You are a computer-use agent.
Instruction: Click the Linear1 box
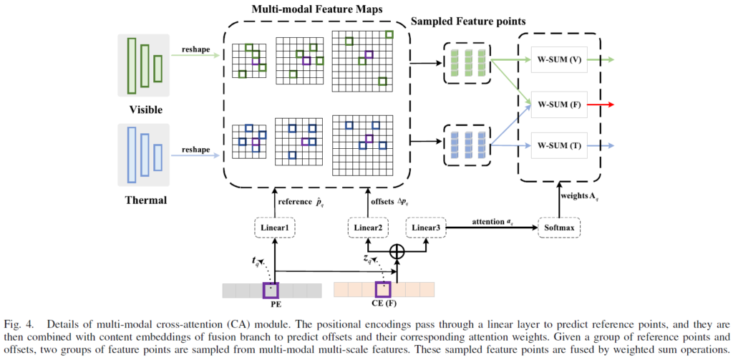(x=275, y=228)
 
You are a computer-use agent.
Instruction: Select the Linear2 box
(x=369, y=228)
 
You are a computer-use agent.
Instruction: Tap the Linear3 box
(x=427, y=228)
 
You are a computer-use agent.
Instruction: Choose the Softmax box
(x=560, y=228)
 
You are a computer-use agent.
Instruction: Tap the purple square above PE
(x=271, y=290)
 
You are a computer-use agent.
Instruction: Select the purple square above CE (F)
(x=383, y=290)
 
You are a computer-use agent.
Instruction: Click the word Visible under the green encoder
(x=145, y=110)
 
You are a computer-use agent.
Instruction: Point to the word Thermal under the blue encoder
(x=145, y=200)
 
